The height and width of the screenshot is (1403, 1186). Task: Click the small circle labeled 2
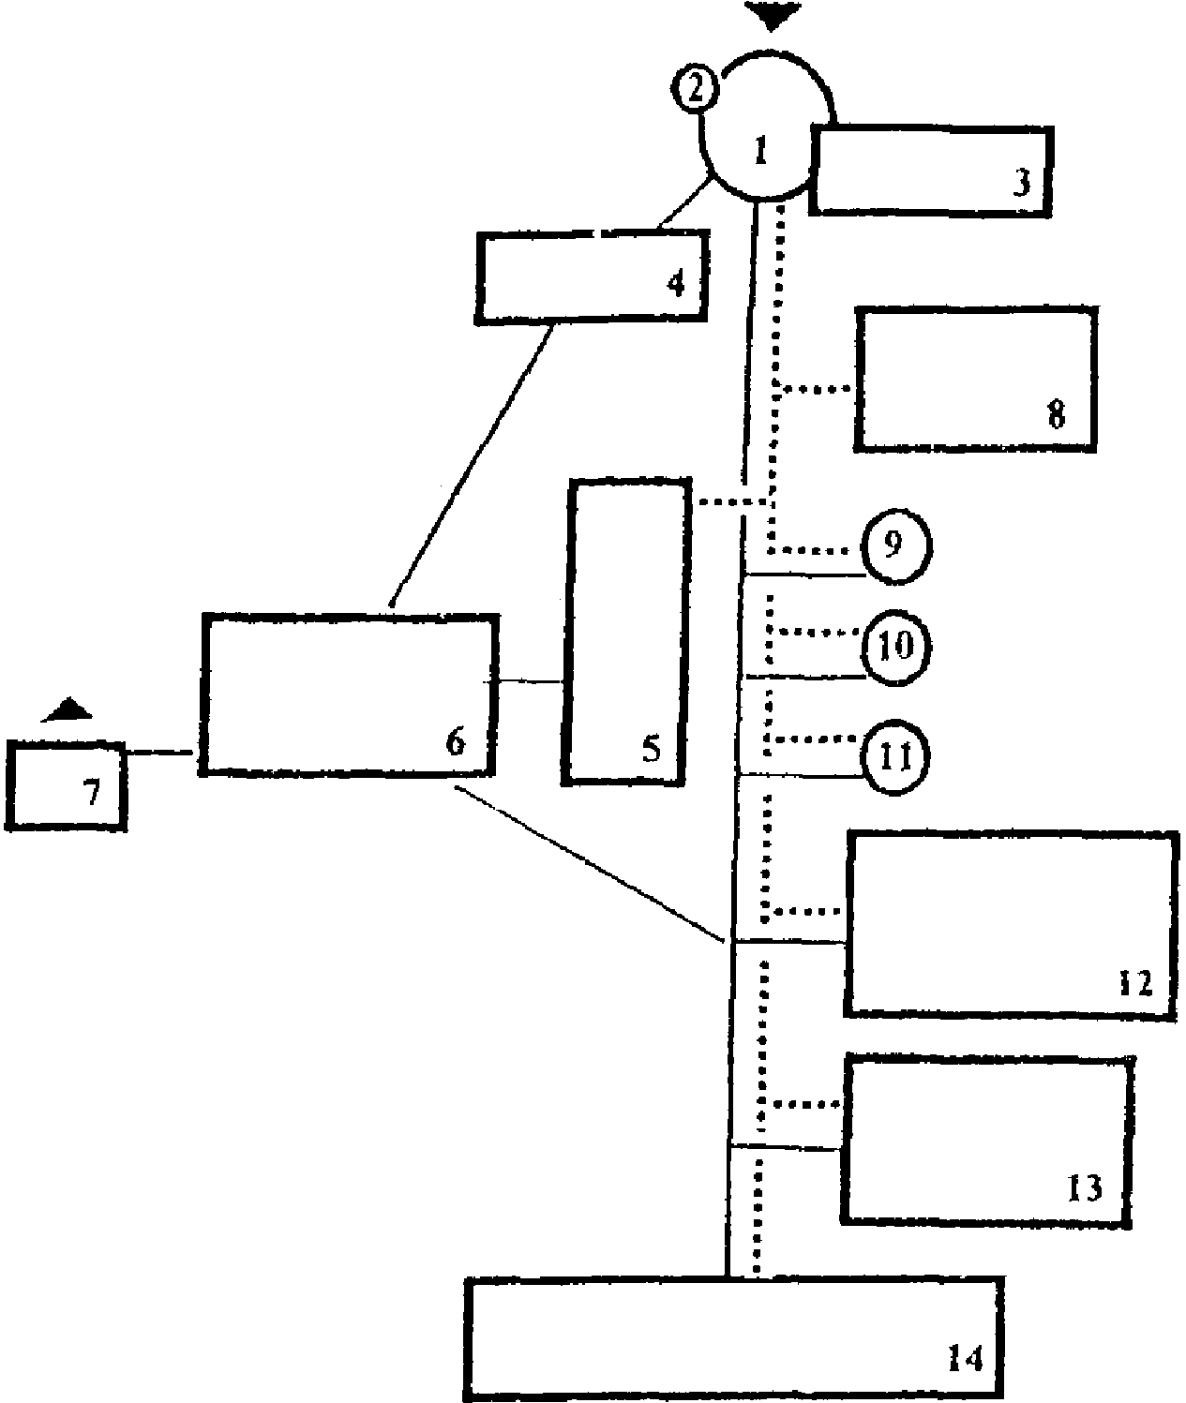point(695,90)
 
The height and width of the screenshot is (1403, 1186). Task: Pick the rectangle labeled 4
point(591,276)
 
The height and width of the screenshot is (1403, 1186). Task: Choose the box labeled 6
point(348,694)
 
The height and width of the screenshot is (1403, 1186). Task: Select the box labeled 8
point(975,379)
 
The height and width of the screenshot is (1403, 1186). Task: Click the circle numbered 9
point(894,546)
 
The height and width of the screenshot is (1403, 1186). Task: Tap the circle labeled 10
point(895,647)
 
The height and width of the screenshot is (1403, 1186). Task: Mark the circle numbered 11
point(894,757)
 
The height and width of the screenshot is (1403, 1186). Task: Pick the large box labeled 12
point(1010,923)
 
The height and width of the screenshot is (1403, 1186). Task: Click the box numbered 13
point(986,1139)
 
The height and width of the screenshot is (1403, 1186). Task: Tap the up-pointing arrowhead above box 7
point(68,710)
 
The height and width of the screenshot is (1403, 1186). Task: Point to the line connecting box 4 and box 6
point(471,463)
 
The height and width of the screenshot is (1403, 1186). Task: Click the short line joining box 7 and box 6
point(160,753)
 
